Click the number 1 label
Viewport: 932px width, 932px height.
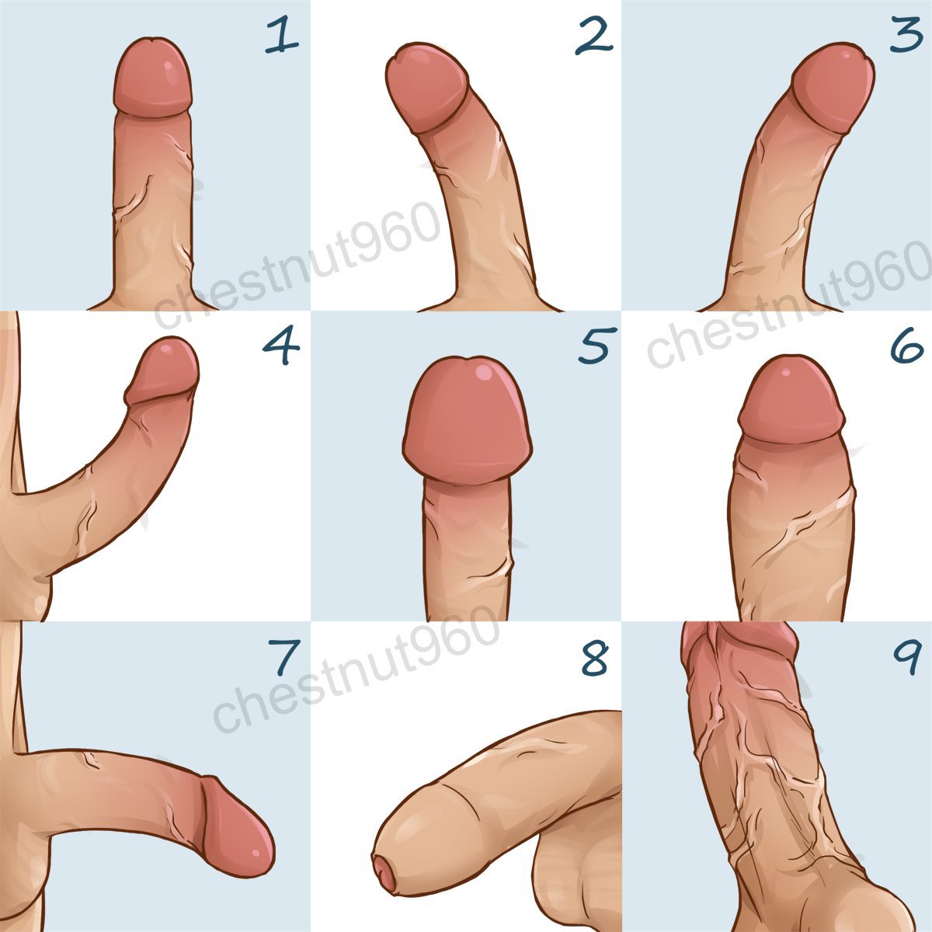point(282,34)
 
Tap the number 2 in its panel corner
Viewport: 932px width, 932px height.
point(594,39)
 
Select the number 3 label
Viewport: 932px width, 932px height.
point(907,34)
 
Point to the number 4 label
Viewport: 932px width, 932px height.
point(281,344)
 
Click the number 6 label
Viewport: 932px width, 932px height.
point(907,344)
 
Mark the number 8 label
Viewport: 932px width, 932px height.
point(594,657)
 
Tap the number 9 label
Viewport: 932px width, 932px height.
point(906,657)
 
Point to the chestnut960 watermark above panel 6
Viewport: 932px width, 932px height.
point(788,304)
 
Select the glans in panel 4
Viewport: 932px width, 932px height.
point(163,370)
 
